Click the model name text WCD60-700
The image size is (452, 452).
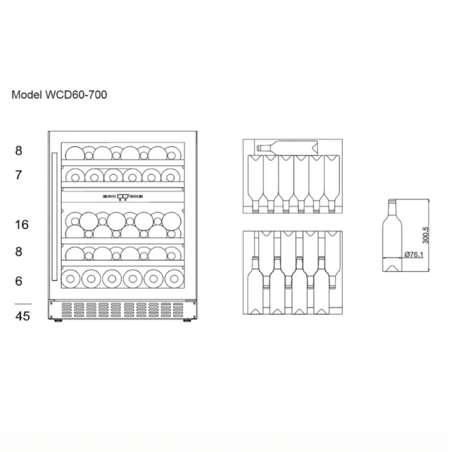coord(76,95)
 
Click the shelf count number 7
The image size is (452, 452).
coord(18,175)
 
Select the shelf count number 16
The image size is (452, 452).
coord(22,224)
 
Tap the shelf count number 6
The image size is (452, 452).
coord(18,281)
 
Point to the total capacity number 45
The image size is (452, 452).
coord(23,316)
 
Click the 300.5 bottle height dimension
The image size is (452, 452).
coord(426,235)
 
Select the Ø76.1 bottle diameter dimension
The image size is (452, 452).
coord(414,255)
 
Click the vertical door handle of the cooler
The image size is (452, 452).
coord(54,216)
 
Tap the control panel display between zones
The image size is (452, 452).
coord(123,197)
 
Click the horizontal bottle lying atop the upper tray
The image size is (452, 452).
coord(287,148)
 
